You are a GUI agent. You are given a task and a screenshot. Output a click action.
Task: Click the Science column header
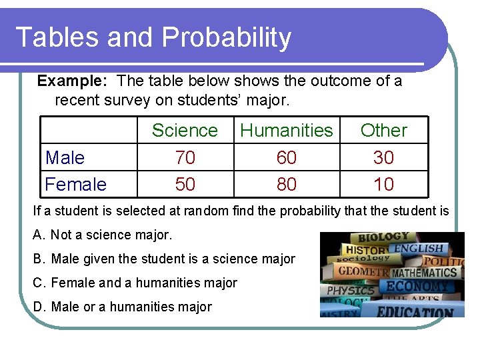(x=185, y=131)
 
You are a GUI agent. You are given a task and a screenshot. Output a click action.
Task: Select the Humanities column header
(x=287, y=131)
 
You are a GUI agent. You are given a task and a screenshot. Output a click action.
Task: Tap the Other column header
(x=383, y=131)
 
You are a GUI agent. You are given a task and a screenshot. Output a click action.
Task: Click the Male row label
(x=65, y=158)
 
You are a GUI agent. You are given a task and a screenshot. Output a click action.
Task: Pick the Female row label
(x=75, y=184)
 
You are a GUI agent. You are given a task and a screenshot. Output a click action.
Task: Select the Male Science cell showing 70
(x=185, y=158)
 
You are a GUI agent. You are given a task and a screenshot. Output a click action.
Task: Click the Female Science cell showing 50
(x=185, y=184)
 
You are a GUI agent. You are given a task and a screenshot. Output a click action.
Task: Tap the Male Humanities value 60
(x=287, y=158)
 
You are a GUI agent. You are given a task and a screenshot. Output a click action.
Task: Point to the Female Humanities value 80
(x=287, y=184)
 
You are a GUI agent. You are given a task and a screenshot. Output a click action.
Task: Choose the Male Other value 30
(x=383, y=158)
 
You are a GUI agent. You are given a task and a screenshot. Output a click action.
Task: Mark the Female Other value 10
(x=383, y=184)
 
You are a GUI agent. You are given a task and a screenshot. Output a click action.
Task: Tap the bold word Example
(x=72, y=81)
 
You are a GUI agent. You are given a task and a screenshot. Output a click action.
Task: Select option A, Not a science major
(x=102, y=235)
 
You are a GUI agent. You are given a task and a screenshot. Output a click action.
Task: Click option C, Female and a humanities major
(x=135, y=283)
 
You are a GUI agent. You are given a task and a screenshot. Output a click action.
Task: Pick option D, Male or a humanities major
(x=122, y=307)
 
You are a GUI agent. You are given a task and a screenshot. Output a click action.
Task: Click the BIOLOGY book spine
(x=382, y=238)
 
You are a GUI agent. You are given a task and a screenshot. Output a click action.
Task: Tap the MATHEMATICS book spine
(x=425, y=273)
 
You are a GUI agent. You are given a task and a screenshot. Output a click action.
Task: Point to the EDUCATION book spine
(x=415, y=311)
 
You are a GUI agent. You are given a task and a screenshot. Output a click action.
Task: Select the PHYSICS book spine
(x=351, y=291)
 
